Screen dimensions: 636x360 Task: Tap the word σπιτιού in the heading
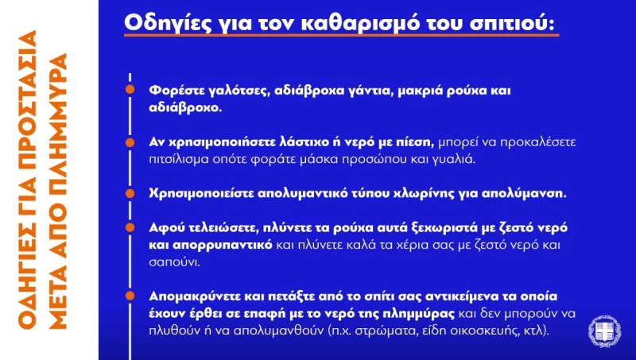pos(511,23)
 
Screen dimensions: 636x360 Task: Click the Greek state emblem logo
pos(605,331)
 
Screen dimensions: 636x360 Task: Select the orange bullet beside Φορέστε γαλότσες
pos(130,89)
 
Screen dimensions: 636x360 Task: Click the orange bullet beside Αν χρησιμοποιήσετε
pos(130,142)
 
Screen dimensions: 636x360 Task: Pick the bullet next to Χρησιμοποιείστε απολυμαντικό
pos(130,193)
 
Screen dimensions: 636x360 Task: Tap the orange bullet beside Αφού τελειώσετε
pos(130,227)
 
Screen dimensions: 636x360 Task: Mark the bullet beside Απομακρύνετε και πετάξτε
pos(130,296)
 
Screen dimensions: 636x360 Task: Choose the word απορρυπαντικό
pos(223,246)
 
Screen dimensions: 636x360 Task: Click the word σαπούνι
pos(174,262)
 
